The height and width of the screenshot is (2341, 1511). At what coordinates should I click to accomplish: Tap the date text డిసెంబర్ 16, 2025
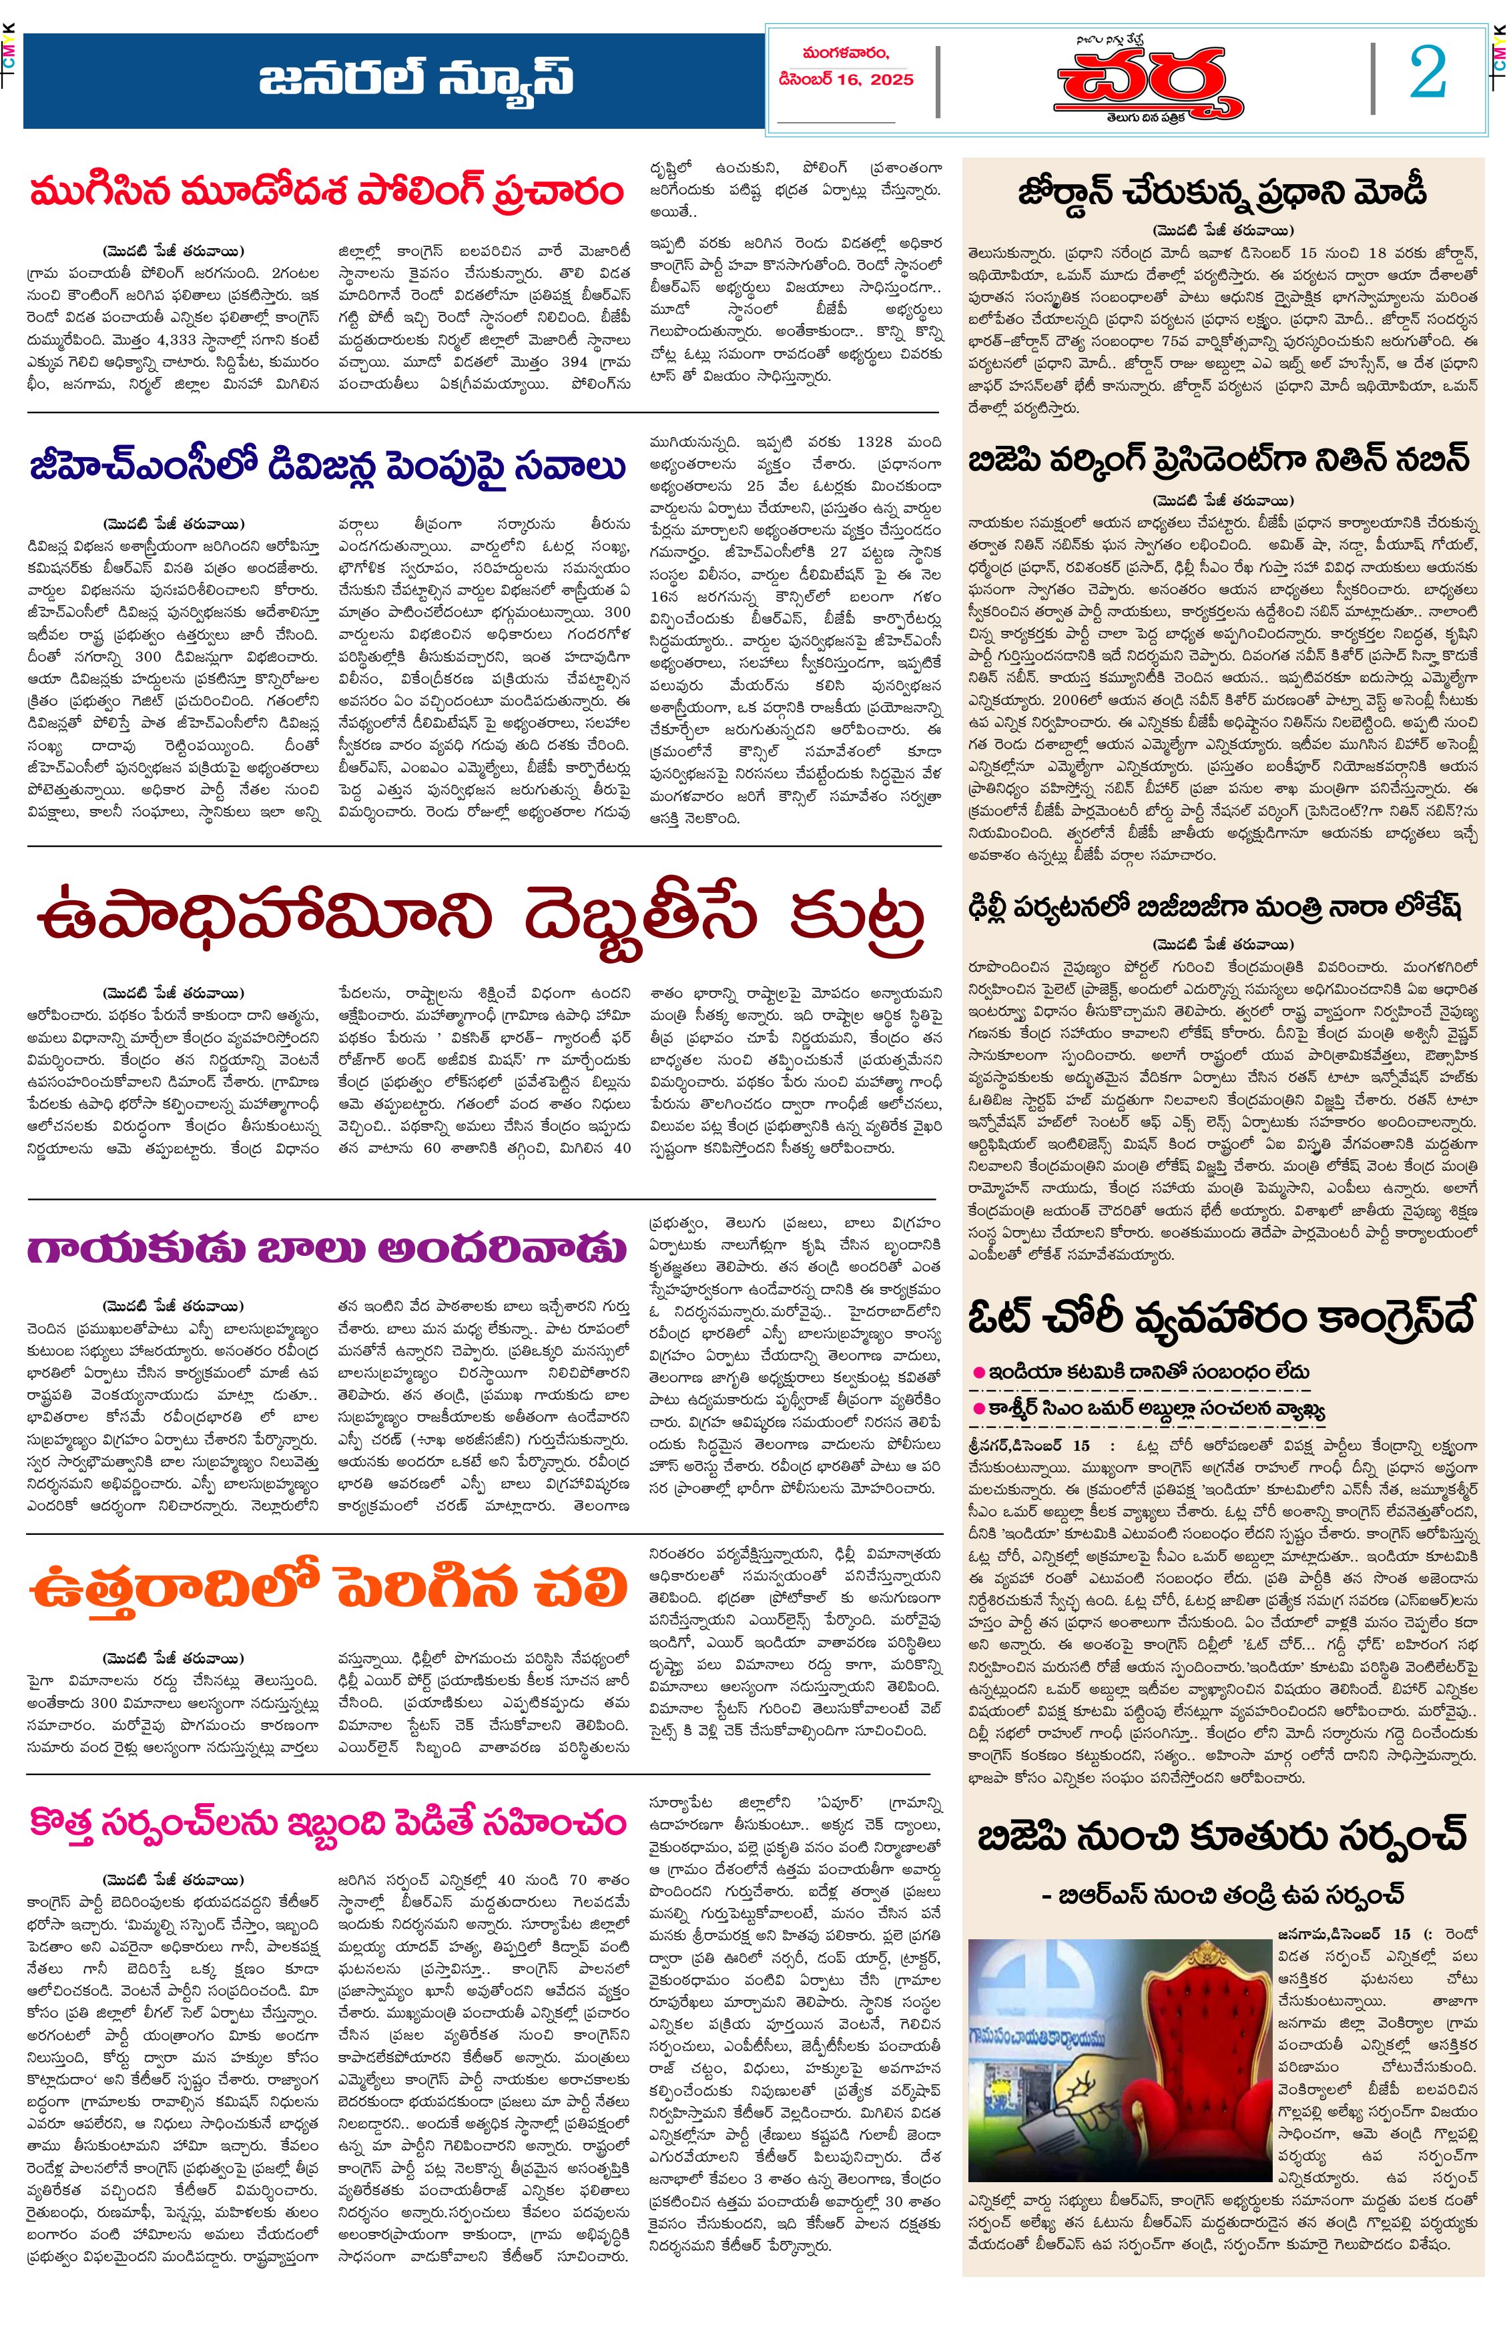coord(846,79)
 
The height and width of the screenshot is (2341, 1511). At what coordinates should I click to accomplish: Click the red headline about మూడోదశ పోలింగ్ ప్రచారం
coord(327,190)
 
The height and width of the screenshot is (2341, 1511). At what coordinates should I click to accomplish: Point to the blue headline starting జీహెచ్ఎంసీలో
coord(327,467)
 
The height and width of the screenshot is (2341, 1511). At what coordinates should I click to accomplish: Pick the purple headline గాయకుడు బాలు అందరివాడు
coord(327,1249)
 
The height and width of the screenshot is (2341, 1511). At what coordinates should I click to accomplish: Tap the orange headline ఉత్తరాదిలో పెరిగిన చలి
coord(327,1586)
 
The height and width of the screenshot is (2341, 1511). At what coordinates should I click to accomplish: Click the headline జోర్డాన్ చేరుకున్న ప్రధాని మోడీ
coord(1221,192)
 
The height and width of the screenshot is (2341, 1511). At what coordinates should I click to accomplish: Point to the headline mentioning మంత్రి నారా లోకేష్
coord(1215,906)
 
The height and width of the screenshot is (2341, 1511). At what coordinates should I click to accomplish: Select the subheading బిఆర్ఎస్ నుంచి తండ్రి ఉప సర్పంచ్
coord(1221,1895)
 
